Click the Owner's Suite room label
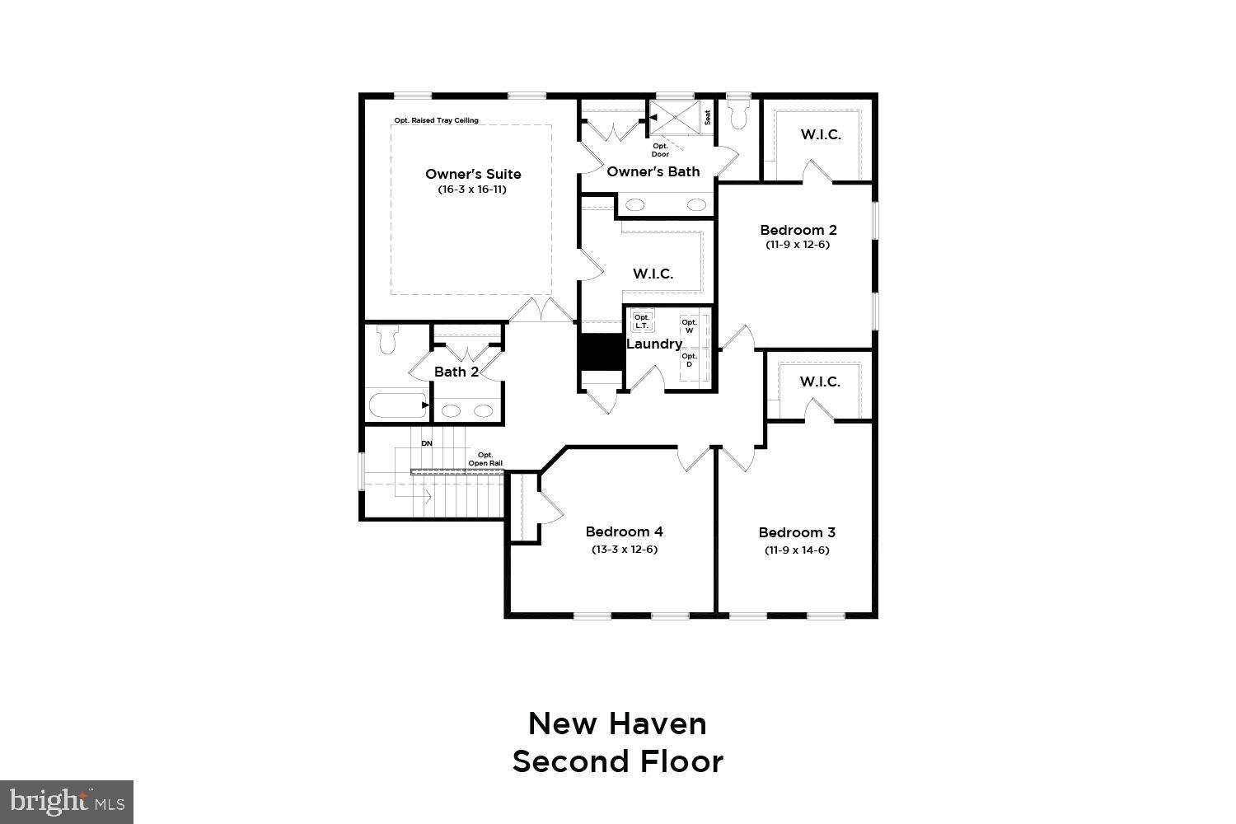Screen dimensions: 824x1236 tap(473, 174)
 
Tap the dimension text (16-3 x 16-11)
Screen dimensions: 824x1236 tap(472, 190)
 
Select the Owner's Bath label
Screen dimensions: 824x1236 tap(653, 171)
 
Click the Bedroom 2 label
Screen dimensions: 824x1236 tap(798, 230)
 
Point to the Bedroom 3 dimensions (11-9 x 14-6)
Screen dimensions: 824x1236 tap(797, 550)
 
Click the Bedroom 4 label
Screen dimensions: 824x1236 tap(624, 531)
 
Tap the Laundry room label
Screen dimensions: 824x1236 tap(654, 344)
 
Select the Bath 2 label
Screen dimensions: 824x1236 tap(456, 372)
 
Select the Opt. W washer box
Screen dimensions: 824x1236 tap(689, 326)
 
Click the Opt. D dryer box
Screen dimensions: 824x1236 tap(689, 360)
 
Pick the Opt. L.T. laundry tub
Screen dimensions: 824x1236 tap(643, 321)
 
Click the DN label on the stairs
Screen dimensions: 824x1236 tap(427, 443)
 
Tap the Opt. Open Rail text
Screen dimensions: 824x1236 tap(485, 459)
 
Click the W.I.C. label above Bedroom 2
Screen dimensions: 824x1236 tap(821, 134)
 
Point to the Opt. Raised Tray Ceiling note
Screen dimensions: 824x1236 tap(436, 120)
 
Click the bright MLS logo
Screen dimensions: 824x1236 tap(66, 802)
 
